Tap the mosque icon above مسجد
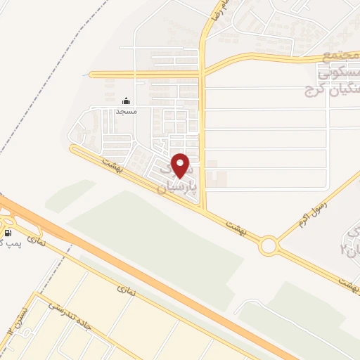pos(126,101)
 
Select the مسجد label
pos(126,111)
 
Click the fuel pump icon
pos(8,233)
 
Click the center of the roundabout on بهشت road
pos(269,246)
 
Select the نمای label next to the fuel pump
pos(36,241)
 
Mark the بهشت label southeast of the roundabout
pos(345,282)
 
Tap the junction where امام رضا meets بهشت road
pos(203,210)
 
